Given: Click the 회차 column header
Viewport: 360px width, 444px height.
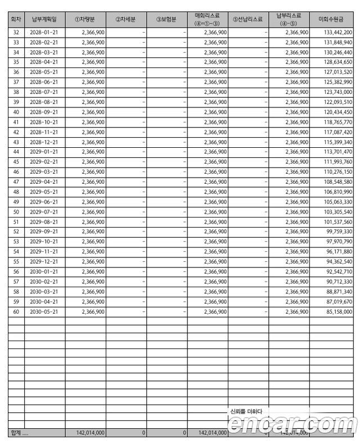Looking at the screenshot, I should (x=16, y=19).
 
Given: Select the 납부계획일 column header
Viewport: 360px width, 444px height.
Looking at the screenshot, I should (x=44, y=19).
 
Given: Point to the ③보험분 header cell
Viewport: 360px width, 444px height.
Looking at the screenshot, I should (x=166, y=19).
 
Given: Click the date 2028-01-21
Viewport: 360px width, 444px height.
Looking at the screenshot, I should (x=44, y=33).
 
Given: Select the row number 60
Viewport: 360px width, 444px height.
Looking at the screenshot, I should (x=16, y=311).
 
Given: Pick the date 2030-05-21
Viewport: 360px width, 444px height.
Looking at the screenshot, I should (x=44, y=311).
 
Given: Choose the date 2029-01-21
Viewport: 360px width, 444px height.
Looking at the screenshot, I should (x=44, y=152).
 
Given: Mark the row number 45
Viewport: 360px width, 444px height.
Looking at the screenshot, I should (x=16, y=162).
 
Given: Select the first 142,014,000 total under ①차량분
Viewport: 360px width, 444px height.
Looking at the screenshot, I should (x=85, y=433).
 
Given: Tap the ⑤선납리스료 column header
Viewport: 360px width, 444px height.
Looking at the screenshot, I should (x=247, y=19).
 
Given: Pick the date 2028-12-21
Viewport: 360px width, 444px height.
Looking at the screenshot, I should (x=44, y=142).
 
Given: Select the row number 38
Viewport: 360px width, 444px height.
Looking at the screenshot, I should (x=16, y=92).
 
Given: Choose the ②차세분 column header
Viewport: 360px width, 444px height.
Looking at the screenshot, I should (x=126, y=19).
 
